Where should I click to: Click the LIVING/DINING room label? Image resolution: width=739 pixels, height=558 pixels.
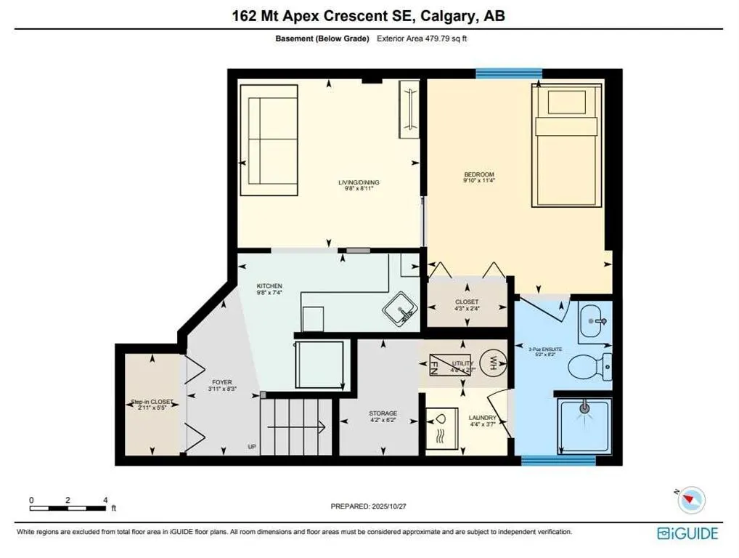[362, 182]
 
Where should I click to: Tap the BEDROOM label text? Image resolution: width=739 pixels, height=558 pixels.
[479, 174]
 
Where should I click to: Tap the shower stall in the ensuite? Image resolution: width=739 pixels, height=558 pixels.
[583, 426]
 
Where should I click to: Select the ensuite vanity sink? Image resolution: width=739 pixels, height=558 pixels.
[597, 320]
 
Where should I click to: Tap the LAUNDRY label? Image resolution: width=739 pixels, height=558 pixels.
[482, 418]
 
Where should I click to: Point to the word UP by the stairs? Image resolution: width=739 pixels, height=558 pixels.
[251, 446]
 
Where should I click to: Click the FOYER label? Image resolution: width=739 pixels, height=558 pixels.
[221, 382]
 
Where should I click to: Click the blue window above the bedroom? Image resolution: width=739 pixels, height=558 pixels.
[509, 72]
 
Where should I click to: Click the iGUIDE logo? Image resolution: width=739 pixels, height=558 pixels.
[687, 533]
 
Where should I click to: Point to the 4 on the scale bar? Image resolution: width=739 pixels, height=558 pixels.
[106, 500]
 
